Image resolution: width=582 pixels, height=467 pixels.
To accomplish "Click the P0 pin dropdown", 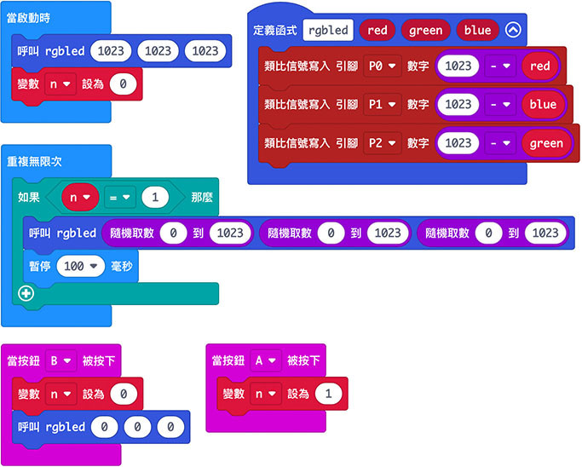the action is click(x=382, y=66).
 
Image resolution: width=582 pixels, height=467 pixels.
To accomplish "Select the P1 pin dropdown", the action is click(x=382, y=104).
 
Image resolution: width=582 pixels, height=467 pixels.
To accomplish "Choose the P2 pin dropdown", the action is click(x=382, y=143).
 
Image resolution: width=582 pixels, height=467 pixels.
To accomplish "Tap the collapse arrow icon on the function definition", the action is click(x=512, y=30).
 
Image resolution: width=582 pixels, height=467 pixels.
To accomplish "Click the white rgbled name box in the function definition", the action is click(x=328, y=30).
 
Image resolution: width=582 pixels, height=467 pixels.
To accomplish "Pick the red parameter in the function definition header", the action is click(x=377, y=30).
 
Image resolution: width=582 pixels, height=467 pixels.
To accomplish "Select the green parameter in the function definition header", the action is click(x=425, y=30).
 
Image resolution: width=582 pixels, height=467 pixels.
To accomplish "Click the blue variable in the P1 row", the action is click(x=542, y=104).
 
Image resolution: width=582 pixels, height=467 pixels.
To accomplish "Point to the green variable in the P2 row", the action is click(x=545, y=143).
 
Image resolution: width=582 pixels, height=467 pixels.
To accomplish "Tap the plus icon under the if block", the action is click(x=25, y=293).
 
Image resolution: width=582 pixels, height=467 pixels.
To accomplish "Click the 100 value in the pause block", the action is click(x=78, y=266).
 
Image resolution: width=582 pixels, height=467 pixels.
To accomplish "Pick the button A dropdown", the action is click(x=268, y=360).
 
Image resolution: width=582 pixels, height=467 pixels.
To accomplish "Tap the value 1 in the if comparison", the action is click(x=154, y=198).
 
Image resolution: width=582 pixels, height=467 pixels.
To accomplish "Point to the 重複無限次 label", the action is click(x=34, y=161).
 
